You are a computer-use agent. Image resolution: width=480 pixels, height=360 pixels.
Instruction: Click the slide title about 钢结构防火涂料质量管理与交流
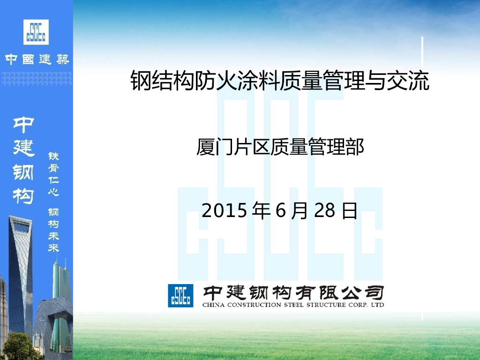click(279, 81)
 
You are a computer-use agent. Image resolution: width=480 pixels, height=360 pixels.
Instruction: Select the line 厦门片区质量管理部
click(280, 148)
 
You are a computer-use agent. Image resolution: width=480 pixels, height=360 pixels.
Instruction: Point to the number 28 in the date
click(324, 211)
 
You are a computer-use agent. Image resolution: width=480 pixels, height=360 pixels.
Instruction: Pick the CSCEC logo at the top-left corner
click(36, 32)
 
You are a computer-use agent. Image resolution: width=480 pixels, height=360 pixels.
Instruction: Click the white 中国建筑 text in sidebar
click(37, 60)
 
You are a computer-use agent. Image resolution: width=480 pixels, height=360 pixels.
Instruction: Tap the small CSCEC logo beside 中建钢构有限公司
click(180, 295)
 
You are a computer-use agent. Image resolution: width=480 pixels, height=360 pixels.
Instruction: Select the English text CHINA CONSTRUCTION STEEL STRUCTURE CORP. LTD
click(293, 305)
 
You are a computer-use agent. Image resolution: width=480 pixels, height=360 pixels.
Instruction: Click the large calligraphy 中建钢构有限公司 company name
click(293, 292)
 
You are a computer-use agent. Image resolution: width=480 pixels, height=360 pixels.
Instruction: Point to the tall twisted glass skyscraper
click(21, 272)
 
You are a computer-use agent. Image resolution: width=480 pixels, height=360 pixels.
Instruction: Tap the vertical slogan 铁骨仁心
click(54, 173)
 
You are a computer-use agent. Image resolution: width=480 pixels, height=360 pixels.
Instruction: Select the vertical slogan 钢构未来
click(54, 230)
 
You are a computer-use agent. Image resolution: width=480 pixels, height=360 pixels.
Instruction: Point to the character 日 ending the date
click(350, 211)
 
